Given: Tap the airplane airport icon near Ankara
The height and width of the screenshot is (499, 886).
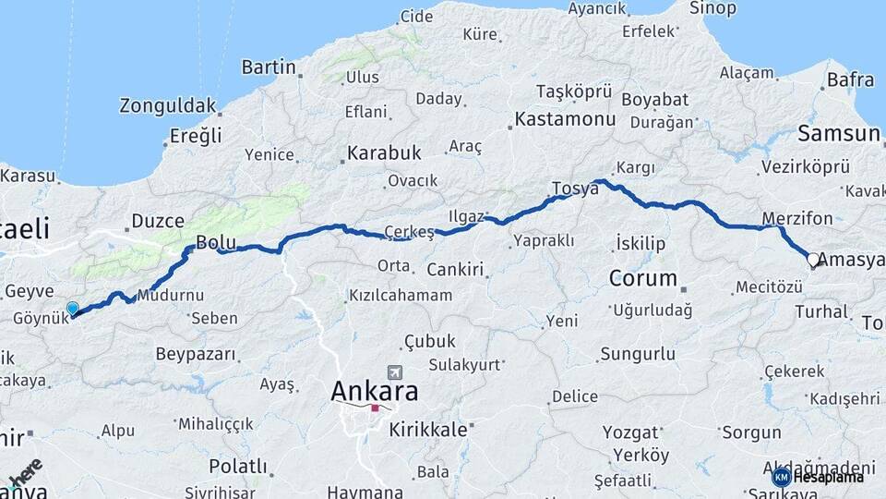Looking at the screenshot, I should [396, 371].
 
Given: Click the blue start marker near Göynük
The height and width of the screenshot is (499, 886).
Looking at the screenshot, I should [73, 308].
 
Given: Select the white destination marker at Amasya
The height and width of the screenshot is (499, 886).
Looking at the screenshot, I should [813, 260].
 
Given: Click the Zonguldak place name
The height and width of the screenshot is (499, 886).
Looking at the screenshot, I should [168, 105].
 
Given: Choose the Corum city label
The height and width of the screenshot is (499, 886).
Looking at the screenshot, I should [643, 277].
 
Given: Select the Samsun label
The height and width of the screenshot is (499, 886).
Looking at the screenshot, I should [838, 133].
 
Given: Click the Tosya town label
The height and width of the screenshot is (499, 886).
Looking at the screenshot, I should [575, 189].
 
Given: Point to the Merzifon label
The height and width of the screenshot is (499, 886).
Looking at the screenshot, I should [797, 219].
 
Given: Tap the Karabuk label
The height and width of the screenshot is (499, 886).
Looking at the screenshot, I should [384, 152].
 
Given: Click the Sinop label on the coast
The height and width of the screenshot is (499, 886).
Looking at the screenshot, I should [712, 8].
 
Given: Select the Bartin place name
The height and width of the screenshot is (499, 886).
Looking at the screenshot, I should [269, 67].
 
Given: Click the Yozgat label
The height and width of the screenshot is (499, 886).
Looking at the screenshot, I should [630, 432].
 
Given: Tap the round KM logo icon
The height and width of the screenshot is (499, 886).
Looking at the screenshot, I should [781, 477].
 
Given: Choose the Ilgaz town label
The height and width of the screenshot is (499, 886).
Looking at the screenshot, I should [466, 216].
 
